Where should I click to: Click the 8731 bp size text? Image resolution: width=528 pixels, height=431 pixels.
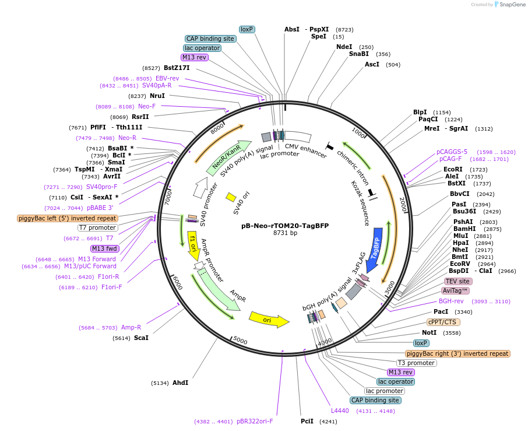pos(285,233)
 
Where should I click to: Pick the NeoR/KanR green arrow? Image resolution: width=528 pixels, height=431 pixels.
pos(227,159)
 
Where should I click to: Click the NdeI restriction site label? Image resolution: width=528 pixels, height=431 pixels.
pos(344,47)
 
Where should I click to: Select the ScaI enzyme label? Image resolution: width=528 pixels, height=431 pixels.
pos(141,338)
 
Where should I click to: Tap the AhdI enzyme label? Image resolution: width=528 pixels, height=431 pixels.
pos(180,383)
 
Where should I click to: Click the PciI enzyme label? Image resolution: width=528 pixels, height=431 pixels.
pos(307,421)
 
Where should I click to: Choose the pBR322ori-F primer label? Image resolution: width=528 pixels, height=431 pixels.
pos(255,421)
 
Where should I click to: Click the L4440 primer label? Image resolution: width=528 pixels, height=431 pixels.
pos(340,411)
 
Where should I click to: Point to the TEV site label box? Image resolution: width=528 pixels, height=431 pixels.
pos(457,281)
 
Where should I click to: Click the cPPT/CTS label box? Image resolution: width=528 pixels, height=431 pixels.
pos(443,322)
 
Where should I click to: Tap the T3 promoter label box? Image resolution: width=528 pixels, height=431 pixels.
pos(417,363)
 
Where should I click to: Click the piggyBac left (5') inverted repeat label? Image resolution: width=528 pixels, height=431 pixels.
pos(68,218)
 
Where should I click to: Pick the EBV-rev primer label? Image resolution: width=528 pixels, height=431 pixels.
pos(167,78)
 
